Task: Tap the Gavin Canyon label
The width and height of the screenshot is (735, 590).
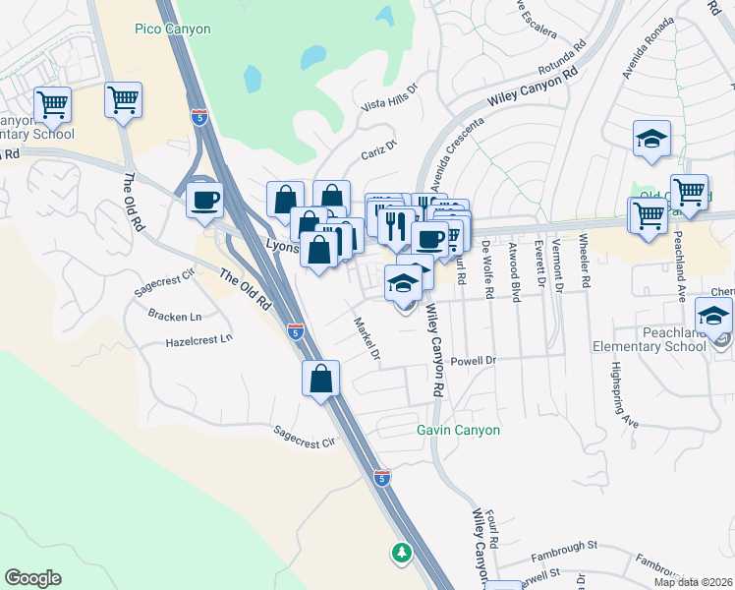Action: pos(458,430)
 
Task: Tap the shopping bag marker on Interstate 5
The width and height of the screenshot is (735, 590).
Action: pos(321,379)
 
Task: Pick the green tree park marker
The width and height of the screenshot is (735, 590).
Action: pos(401,553)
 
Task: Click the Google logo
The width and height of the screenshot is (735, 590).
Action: pos(32,578)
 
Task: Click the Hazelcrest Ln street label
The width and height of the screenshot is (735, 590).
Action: pos(199,338)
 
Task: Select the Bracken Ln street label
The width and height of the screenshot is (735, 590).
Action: pos(174,316)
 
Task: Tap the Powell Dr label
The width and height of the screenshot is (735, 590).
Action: pos(473,361)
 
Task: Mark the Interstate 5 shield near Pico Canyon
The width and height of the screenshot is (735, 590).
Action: pos(199,118)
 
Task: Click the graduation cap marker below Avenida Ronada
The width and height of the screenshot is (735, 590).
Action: pos(651,140)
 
